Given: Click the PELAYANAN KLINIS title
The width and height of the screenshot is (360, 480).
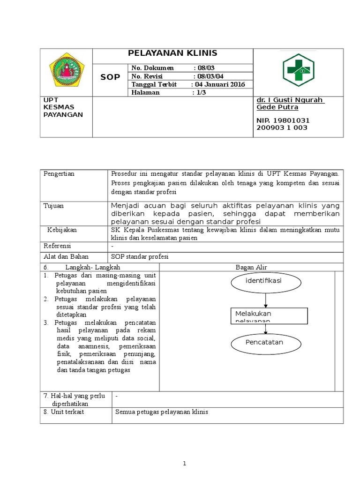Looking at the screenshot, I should (172, 53).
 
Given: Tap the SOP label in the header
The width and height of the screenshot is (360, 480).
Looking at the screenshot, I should (111, 77).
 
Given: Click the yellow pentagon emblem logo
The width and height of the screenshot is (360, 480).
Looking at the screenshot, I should (67, 72).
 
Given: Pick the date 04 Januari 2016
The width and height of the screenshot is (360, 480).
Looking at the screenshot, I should (218, 84).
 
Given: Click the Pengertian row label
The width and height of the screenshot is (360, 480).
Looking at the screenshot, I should (59, 174).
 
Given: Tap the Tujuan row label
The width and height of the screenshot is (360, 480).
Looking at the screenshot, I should (53, 206).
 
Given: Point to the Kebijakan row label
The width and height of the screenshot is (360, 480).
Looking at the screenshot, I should (62, 230).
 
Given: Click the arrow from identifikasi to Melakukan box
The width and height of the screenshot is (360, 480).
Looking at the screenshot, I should (266, 300).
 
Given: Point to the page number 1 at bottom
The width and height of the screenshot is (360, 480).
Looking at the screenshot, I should (185, 464).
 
